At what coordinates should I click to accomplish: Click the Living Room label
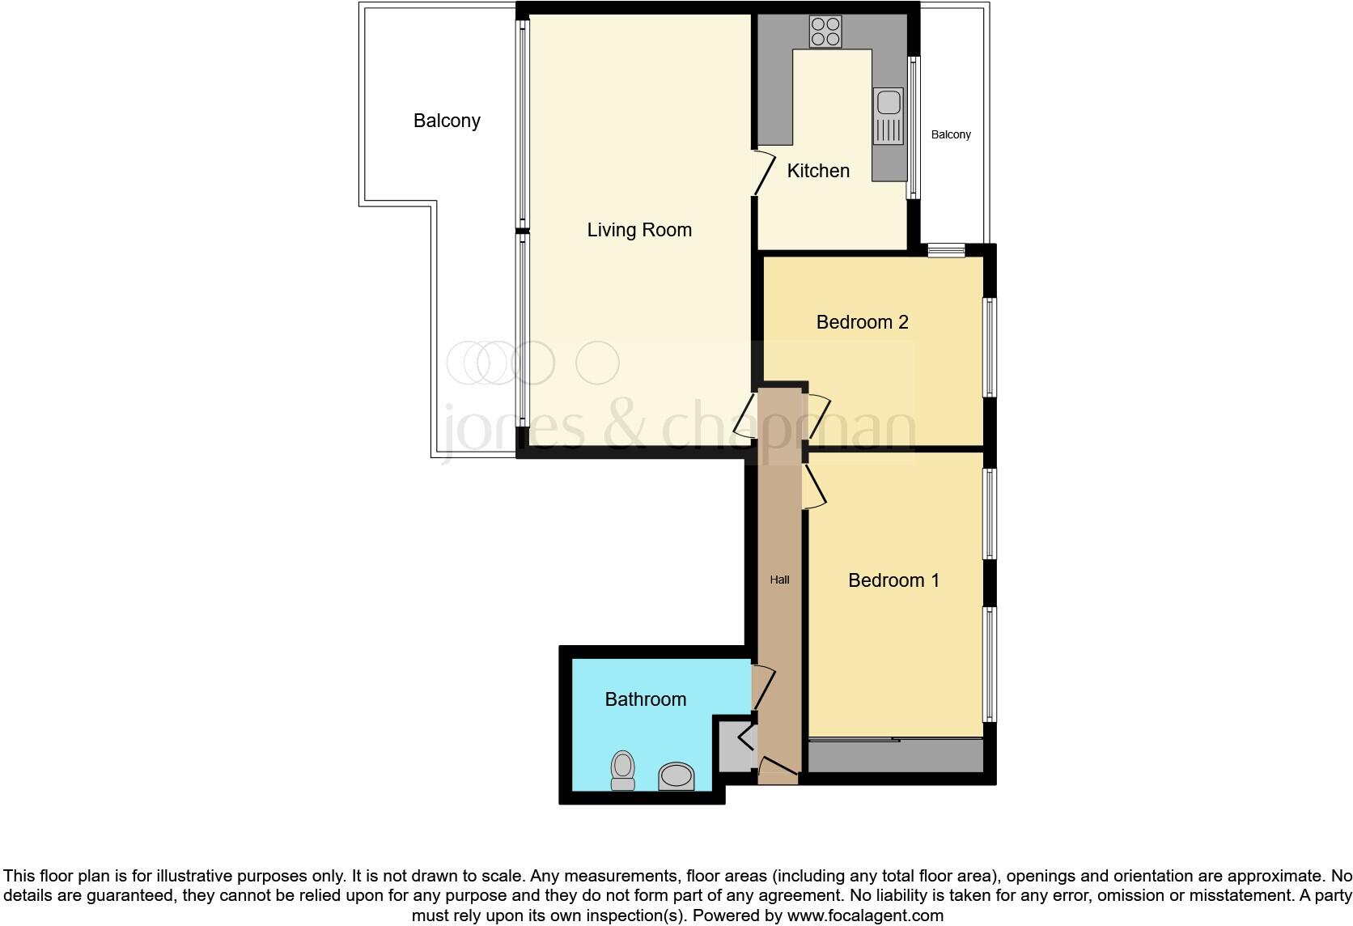(639, 230)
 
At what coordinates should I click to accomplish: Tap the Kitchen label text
(818, 171)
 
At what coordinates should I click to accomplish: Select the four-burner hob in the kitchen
(825, 32)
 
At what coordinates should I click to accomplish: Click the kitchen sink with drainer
(889, 117)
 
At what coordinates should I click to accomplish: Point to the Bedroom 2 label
(862, 322)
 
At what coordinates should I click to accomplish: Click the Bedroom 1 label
(893, 580)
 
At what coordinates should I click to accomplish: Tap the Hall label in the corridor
(779, 580)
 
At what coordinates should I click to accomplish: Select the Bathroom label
(645, 699)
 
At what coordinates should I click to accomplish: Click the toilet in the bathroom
(622, 770)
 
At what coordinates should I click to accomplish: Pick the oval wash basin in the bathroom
(676, 777)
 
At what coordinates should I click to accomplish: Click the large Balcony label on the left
(447, 121)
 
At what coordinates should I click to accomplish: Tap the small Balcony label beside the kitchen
(950, 134)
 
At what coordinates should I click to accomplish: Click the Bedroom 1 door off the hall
(814, 486)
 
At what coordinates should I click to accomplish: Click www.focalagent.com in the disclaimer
(865, 916)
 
